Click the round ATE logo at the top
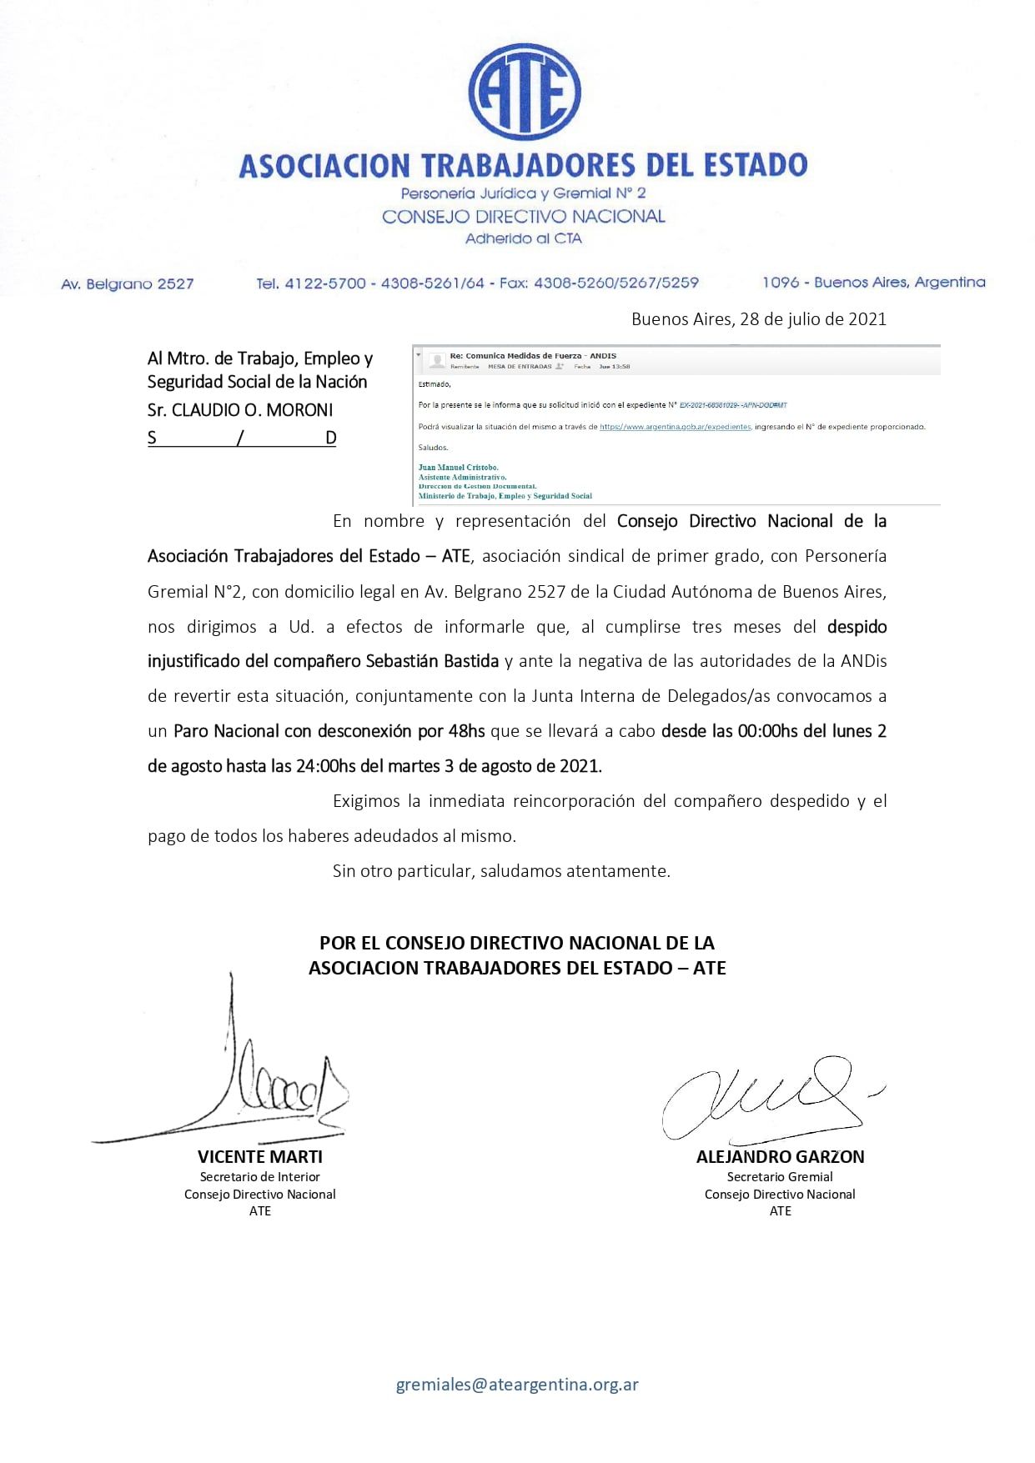pyautogui.click(x=524, y=91)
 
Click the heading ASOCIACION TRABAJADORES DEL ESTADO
pyautogui.click(x=523, y=165)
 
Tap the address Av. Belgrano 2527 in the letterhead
pyautogui.click(x=127, y=284)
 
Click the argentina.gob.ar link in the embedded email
pyautogui.click(x=675, y=427)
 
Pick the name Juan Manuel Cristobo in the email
pyautogui.click(x=458, y=468)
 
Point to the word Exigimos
pyautogui.click(x=366, y=801)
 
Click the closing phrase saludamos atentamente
pyautogui.click(x=575, y=871)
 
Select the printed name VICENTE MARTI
pyautogui.click(x=259, y=1157)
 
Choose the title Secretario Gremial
pyautogui.click(x=780, y=1177)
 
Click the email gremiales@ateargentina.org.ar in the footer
pyautogui.click(x=517, y=1385)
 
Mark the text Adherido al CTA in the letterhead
pyautogui.click(x=523, y=238)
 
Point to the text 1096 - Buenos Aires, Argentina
pyautogui.click(x=873, y=283)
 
